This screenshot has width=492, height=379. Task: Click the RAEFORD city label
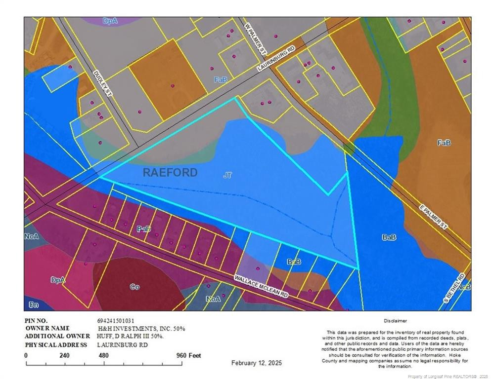(170, 172)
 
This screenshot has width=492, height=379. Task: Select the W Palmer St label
(256, 38)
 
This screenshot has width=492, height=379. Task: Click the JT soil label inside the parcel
(227, 174)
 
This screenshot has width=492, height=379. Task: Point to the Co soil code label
(134, 287)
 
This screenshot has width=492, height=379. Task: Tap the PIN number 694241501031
(116, 320)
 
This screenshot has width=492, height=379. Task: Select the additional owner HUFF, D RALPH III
(131, 337)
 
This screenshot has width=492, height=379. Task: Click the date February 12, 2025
(257, 363)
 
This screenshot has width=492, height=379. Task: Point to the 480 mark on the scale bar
(103, 355)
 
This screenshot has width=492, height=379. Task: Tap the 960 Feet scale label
(189, 355)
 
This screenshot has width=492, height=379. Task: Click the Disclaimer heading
(395, 321)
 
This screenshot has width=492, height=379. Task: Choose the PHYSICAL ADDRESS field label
(53, 344)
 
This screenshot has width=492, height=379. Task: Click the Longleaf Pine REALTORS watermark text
(448, 376)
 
